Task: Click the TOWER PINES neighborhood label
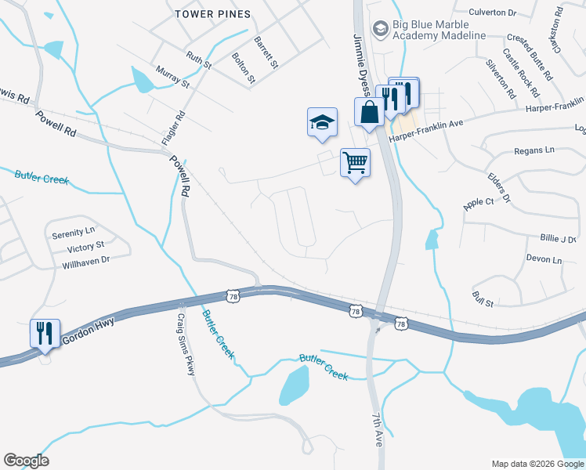213,14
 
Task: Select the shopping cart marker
355,163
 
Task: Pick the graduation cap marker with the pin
321,122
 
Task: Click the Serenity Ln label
73,233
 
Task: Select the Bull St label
483,298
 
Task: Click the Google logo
26,461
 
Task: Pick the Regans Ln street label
534,150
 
